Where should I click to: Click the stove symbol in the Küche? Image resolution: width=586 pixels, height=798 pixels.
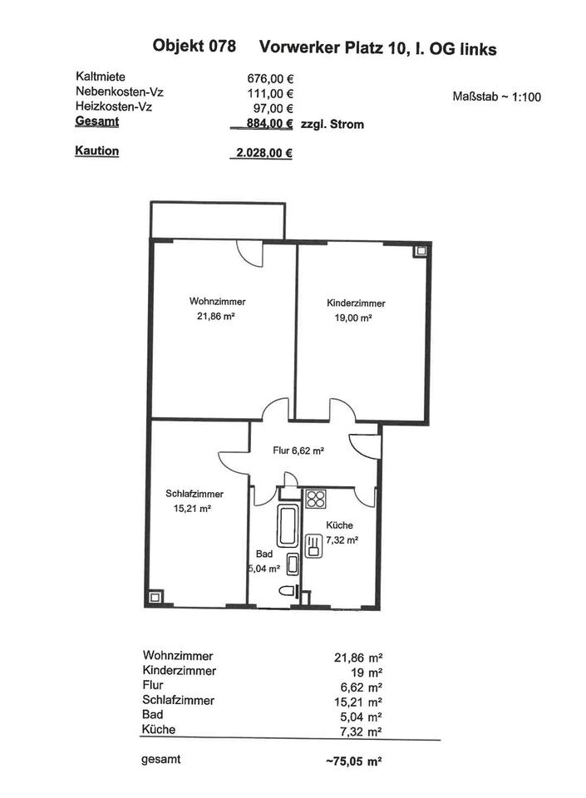point(316,500)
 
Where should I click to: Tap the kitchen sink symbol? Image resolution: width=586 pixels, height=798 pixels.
point(314,546)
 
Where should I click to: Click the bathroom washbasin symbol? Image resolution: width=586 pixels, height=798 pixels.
point(292,564)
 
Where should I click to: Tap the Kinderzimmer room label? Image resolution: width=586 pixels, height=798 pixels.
point(356,303)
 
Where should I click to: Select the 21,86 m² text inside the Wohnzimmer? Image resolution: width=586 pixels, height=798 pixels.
point(217,316)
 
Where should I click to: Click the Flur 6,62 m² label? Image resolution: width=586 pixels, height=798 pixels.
point(298,451)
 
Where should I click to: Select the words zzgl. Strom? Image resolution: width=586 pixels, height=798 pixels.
point(332,124)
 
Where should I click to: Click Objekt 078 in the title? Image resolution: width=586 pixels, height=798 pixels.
point(195,47)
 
